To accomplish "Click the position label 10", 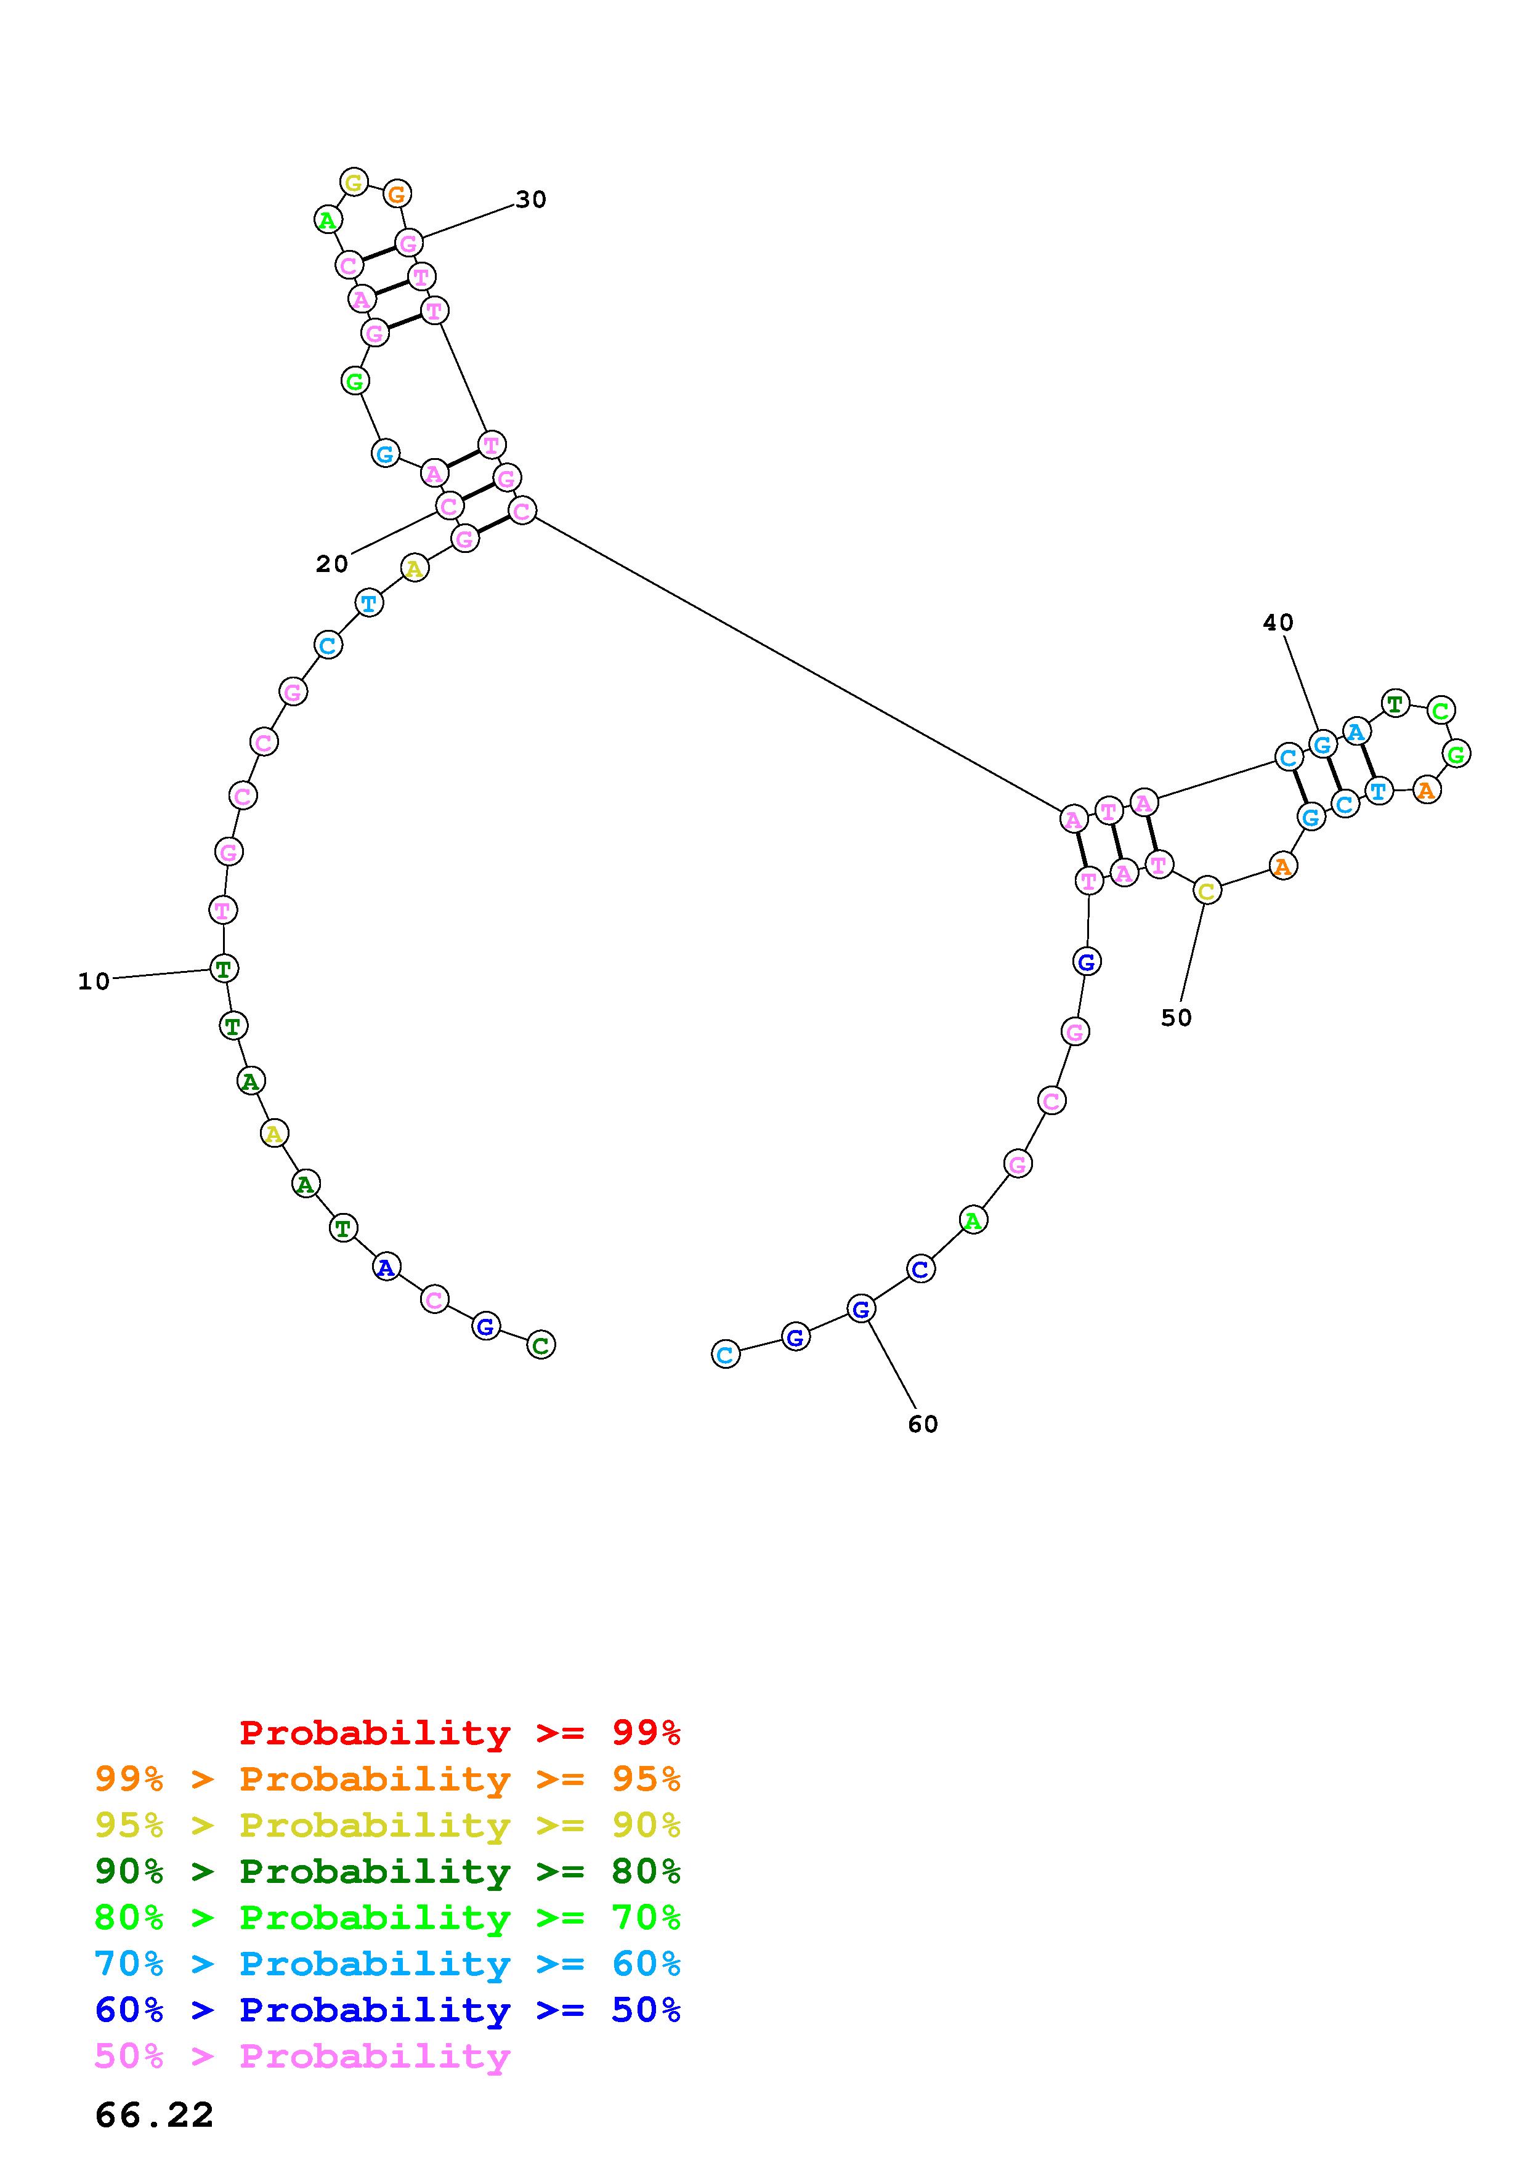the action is point(94,982).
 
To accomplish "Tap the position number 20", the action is point(332,565).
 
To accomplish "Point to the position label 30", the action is point(530,199).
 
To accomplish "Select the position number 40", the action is point(1279,623).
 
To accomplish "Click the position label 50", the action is point(1176,1018).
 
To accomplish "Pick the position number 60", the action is point(923,1424).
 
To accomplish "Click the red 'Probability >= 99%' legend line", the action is point(460,1732).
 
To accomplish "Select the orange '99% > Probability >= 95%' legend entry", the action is point(387,1779).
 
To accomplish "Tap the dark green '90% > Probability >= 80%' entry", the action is point(387,1871).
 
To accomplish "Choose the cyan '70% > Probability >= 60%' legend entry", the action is point(387,1964).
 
